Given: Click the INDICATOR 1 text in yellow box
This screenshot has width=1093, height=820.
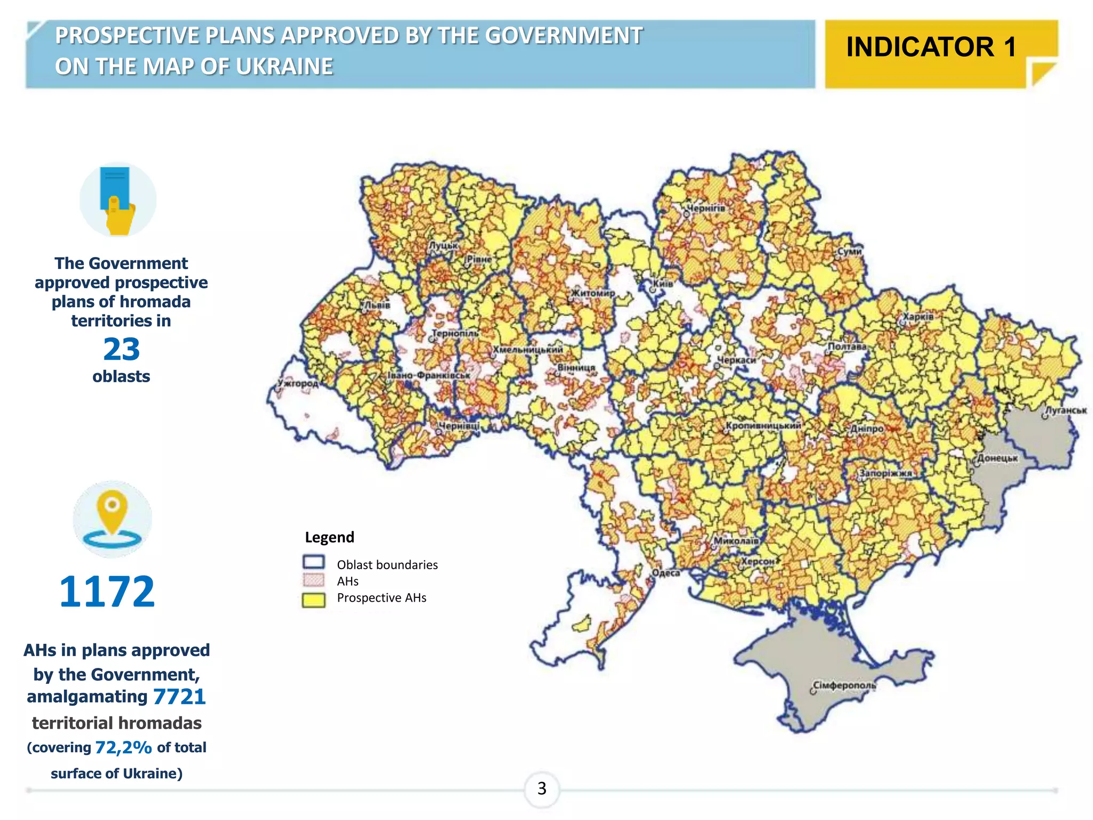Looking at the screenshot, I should coord(930,47).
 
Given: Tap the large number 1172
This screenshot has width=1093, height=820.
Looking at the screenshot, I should coord(107,592).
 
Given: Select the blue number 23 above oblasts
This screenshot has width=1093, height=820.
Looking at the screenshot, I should coord(121,349).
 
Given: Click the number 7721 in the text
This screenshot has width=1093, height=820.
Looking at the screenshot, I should coord(179,697).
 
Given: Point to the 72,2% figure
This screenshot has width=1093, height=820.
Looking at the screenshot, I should coord(123,747).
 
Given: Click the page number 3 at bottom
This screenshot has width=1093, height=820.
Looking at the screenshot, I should coord(542,789).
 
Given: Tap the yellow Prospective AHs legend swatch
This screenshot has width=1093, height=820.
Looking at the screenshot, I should coord(313,600).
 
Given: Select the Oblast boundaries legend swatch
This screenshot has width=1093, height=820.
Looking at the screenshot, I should coord(313,562).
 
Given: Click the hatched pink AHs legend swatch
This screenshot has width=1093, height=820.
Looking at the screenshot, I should coord(313,580).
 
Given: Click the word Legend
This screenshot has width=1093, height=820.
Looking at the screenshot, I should coord(329,537).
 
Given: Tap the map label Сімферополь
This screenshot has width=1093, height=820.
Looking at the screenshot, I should coord(844,685).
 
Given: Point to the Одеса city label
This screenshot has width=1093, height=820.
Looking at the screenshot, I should coord(666,573).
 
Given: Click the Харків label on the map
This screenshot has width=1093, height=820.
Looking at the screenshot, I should coord(918,317).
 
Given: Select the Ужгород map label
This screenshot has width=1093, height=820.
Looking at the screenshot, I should coord(298,383).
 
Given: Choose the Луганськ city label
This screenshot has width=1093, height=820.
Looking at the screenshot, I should coord(1065,411).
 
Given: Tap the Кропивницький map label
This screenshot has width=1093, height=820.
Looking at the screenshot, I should coord(763,426).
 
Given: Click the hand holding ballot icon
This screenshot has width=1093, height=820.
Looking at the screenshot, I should coord(118,200).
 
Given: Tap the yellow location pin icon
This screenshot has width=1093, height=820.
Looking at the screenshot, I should coord(112,512).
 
